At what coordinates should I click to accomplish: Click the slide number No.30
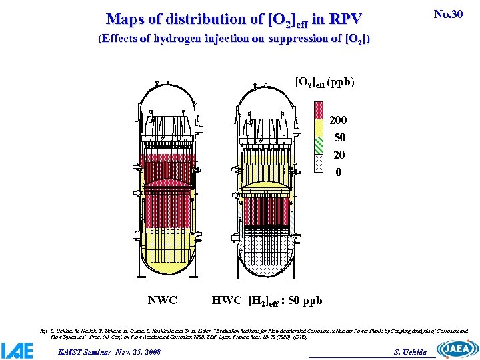447,14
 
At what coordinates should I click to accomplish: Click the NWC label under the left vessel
162,300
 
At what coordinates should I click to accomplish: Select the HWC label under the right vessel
227,300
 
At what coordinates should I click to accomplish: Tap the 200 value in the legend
338,121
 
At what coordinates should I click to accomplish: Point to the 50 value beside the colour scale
339,138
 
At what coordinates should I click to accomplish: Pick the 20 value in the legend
339,155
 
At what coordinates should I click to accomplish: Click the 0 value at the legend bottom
339,172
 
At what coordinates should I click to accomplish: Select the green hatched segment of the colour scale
319,142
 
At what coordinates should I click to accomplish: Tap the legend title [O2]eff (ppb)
325,83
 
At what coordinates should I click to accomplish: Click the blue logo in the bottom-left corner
17,350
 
